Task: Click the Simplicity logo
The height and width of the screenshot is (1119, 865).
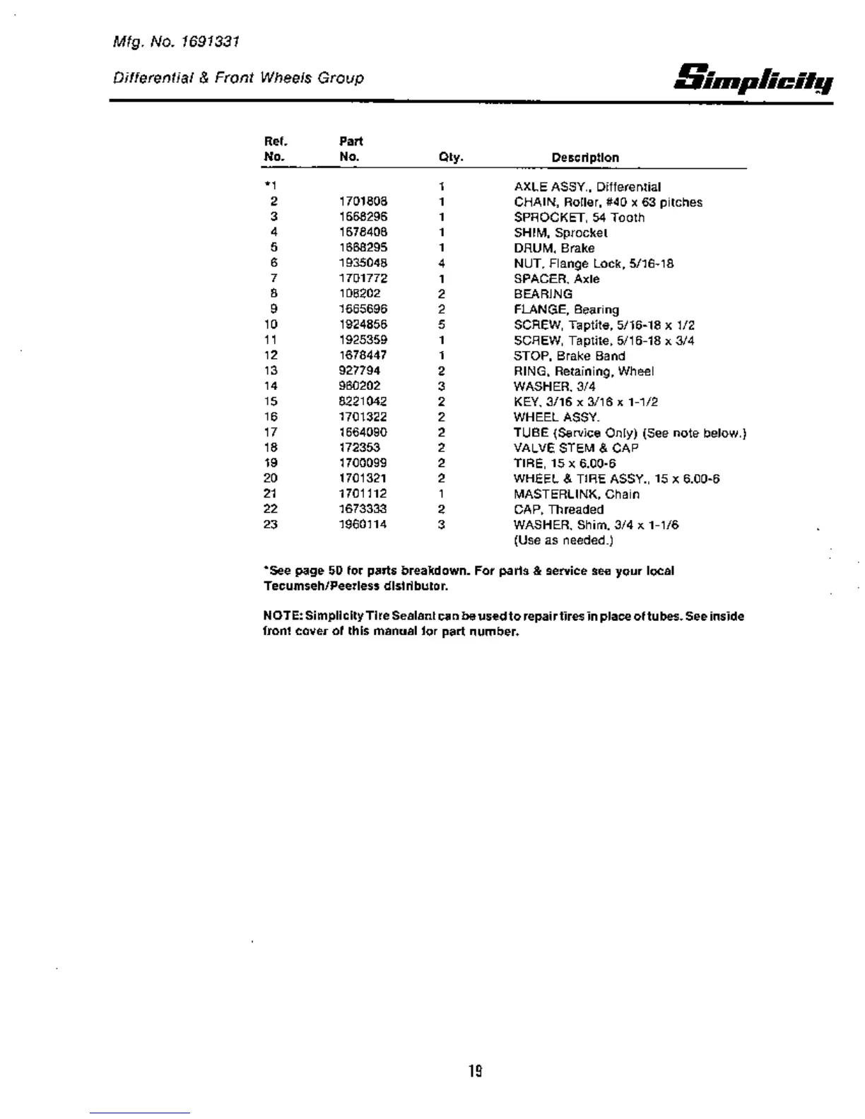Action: [754, 78]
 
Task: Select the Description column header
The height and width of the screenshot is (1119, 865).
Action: [584, 158]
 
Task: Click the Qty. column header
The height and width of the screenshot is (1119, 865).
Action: [450, 158]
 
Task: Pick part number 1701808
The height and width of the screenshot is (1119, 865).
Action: [363, 202]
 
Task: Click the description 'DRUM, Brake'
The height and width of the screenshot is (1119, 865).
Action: [554, 248]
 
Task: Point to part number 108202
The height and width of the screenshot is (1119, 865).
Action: [359, 294]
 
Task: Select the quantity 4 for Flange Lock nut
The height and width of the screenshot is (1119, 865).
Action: [441, 264]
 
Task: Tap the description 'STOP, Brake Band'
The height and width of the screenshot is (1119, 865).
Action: [569, 355]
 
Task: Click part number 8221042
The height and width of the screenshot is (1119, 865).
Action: [363, 401]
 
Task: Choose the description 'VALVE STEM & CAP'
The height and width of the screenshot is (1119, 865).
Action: [576, 448]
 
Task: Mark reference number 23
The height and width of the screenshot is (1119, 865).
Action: [271, 524]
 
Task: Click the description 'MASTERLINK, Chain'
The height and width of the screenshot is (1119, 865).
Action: [576, 494]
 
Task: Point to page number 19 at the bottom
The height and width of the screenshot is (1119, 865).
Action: [475, 1071]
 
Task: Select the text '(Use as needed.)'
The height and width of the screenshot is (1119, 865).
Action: [563, 540]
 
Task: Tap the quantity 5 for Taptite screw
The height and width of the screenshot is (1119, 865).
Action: [441, 325]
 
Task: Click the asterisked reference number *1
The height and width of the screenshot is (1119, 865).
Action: [271, 186]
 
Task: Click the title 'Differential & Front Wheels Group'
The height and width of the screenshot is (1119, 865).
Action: [238, 78]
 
